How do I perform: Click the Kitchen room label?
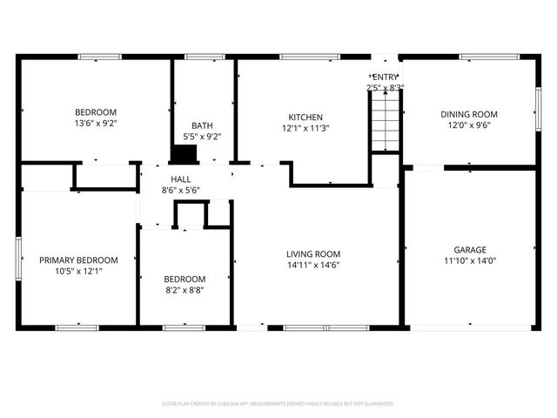pyautogui.click(x=305, y=118)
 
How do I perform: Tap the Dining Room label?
pyautogui.click(x=469, y=114)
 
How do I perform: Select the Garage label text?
pyautogui.click(x=469, y=249)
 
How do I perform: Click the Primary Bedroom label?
pyautogui.click(x=78, y=260)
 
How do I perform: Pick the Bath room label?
pyautogui.click(x=202, y=125)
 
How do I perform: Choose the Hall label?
pyautogui.click(x=180, y=179)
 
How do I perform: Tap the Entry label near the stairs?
pyautogui.click(x=385, y=77)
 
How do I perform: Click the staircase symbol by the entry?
pyautogui.click(x=385, y=122)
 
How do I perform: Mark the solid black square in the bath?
pyautogui.click(x=184, y=154)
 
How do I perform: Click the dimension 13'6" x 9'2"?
pyautogui.click(x=95, y=124)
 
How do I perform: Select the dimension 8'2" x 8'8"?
pyautogui.click(x=185, y=290)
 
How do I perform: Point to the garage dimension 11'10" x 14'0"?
pyautogui.click(x=469, y=260)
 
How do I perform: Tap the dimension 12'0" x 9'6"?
pyautogui.click(x=469, y=125)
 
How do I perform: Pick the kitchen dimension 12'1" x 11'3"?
pyautogui.click(x=305, y=128)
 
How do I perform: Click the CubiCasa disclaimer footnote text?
pyautogui.click(x=278, y=404)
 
